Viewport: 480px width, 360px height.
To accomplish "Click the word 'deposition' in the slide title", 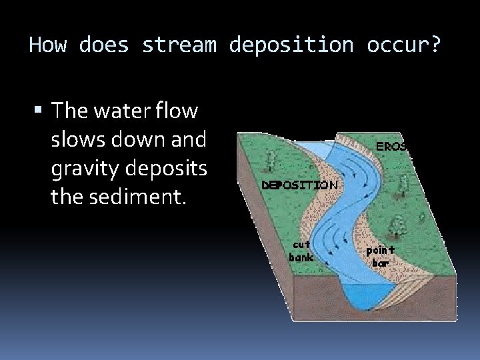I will (x=291, y=45).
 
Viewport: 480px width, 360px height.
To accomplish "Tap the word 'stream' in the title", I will (x=179, y=45).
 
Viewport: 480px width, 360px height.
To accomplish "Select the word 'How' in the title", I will (x=47, y=45).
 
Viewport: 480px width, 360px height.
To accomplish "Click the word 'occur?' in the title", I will (x=403, y=45).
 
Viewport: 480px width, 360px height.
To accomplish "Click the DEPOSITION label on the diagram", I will (x=299, y=185).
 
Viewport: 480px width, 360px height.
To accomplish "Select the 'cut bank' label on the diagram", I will (x=301, y=251).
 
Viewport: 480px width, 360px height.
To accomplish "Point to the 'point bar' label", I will (x=380, y=256).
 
